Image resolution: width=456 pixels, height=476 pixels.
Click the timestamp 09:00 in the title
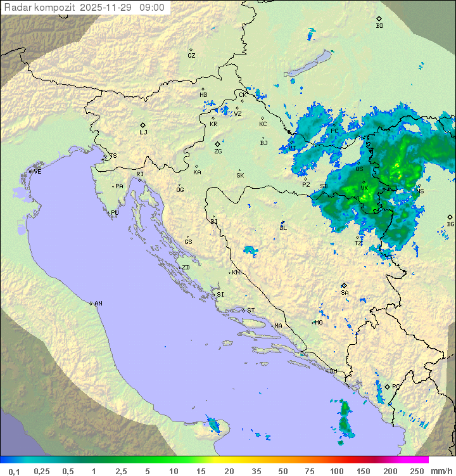tap(153, 8)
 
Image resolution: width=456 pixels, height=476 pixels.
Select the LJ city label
tap(143, 132)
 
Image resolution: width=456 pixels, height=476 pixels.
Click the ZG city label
tap(218, 151)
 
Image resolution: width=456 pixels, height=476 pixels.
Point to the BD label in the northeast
tap(379, 26)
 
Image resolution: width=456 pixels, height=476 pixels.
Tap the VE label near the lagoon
tap(37, 172)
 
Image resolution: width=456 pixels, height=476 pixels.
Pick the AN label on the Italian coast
tap(98, 304)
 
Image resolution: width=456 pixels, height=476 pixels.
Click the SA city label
tap(345, 293)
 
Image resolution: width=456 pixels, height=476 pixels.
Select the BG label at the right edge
tap(450, 224)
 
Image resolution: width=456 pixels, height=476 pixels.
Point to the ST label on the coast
tap(251, 311)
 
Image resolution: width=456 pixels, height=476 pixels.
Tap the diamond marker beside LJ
tap(143, 125)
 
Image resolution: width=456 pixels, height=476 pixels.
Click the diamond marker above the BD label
tap(379, 19)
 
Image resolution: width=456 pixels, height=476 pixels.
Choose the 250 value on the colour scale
tap(417, 471)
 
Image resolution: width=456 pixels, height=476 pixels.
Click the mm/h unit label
tap(441, 471)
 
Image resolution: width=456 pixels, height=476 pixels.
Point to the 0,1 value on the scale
tap(14, 471)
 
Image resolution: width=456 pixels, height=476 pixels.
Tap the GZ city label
tap(191, 56)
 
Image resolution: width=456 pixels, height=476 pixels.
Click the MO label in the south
tap(319, 323)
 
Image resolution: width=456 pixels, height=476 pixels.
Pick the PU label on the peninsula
tap(115, 214)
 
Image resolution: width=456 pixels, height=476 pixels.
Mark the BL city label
tap(283, 228)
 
